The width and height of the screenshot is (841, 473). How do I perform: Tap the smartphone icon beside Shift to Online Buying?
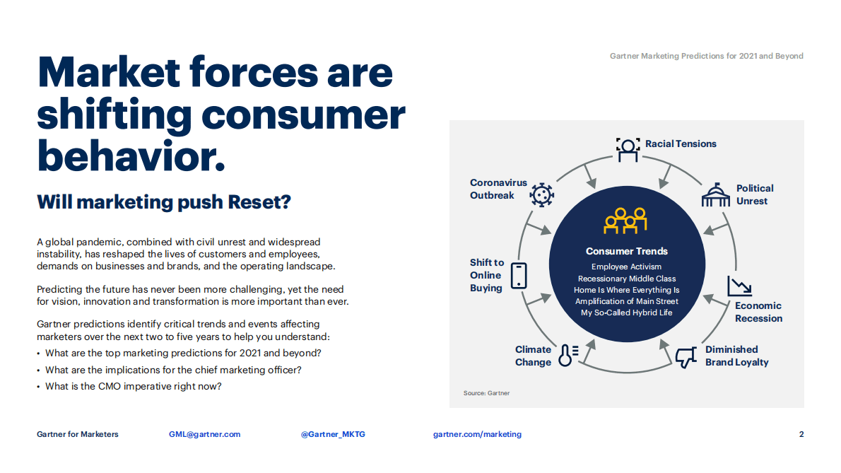519,275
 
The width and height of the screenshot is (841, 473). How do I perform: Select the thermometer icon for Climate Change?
567,354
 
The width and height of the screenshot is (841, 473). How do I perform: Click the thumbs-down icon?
685,358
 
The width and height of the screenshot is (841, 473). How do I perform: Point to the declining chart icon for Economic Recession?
739,286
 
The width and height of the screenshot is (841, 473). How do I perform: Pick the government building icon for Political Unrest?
715,195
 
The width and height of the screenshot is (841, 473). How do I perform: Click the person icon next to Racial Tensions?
627,148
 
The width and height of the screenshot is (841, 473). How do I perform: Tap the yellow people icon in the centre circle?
626,220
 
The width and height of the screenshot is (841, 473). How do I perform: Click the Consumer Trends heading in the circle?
627,251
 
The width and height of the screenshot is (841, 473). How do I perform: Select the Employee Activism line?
627,267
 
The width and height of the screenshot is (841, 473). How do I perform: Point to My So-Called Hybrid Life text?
627,313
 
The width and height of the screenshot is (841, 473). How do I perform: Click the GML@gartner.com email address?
204,434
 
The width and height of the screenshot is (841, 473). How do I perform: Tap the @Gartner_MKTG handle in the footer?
333,434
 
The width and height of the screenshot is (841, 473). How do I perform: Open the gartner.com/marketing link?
477,434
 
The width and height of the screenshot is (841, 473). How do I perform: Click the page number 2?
801,434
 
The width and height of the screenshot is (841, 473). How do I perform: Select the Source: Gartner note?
486,393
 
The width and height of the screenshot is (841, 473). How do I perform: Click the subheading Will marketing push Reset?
164,202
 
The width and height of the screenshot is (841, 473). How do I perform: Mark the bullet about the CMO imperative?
134,386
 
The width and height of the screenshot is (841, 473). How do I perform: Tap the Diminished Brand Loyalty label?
736,356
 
